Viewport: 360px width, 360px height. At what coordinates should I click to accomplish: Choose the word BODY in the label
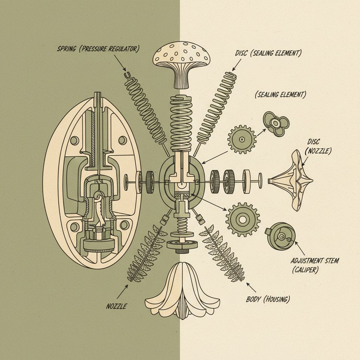[253, 300]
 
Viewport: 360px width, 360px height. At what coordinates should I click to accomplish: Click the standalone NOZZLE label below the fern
[116, 306]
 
